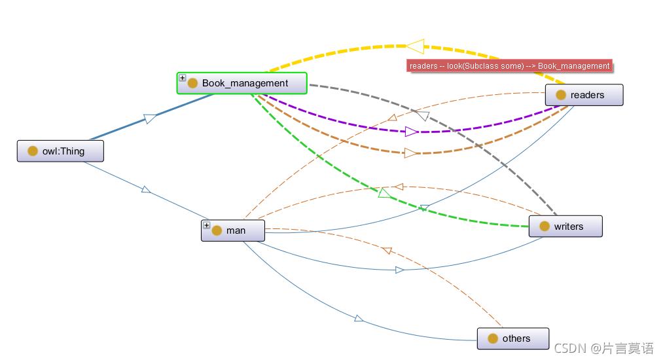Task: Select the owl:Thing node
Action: (60, 151)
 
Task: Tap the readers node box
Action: (584, 95)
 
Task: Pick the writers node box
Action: (565, 226)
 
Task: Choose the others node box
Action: (512, 338)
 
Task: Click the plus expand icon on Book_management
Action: (183, 78)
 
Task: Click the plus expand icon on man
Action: (207, 225)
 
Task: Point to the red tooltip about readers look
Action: (509, 66)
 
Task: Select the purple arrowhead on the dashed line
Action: (412, 132)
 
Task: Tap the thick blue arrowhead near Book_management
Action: (151, 118)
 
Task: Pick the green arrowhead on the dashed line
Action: (384, 192)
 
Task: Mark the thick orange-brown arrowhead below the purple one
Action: (410, 153)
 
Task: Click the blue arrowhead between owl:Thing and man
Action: (146, 190)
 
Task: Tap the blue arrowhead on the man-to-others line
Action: (359, 318)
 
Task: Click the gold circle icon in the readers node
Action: (561, 95)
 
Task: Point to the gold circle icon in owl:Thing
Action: (33, 151)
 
